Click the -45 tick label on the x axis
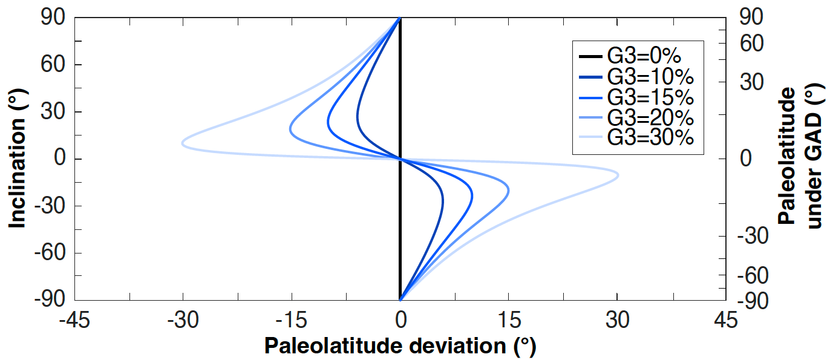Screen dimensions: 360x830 point(74,321)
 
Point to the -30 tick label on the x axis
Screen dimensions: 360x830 point(183,321)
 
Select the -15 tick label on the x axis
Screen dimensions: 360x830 point(292,321)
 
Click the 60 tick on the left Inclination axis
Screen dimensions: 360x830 point(54,65)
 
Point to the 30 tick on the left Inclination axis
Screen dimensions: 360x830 point(54,112)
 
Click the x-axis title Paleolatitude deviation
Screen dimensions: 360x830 point(400,346)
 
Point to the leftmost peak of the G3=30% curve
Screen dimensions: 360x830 point(183,143)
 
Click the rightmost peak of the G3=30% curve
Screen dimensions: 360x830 point(618,175)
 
